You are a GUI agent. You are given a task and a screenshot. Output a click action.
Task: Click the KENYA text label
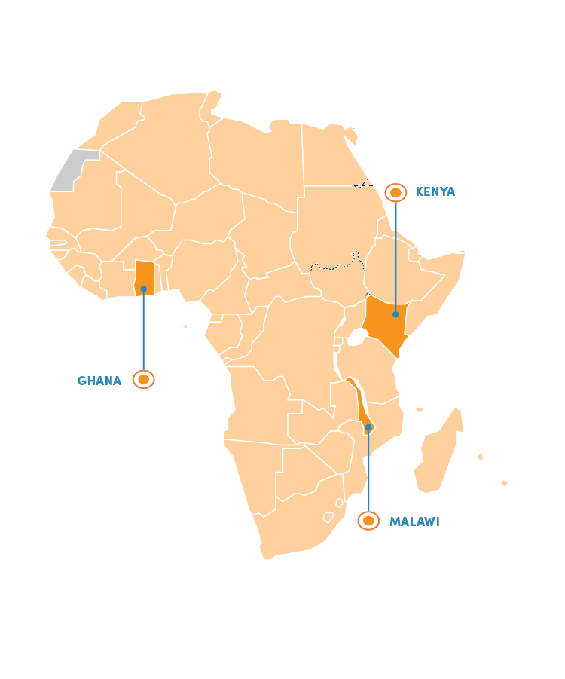[x=435, y=192]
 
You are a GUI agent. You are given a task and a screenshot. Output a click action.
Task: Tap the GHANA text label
[x=99, y=381]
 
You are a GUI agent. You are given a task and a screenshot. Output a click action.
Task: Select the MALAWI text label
[x=414, y=521]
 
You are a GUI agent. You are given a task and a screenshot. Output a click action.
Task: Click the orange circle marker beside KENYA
[x=395, y=193]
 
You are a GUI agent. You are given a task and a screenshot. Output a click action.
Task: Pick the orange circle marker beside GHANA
[x=143, y=380]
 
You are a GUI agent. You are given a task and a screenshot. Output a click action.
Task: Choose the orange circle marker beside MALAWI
[x=368, y=521]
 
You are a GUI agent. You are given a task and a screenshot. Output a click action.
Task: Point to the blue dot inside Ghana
[x=143, y=289]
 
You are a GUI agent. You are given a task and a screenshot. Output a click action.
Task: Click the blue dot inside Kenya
[x=395, y=314]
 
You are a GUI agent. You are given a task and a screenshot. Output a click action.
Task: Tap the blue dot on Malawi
[x=368, y=427]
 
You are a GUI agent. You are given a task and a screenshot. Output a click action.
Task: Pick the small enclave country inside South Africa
[x=328, y=518]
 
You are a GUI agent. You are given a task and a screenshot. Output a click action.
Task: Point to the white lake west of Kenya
[x=357, y=337]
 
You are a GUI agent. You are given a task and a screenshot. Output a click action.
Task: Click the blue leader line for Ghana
[x=143, y=332]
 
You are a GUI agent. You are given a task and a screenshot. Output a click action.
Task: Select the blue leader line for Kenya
[x=395, y=256]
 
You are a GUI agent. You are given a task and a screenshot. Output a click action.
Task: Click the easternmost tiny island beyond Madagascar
[x=505, y=483]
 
